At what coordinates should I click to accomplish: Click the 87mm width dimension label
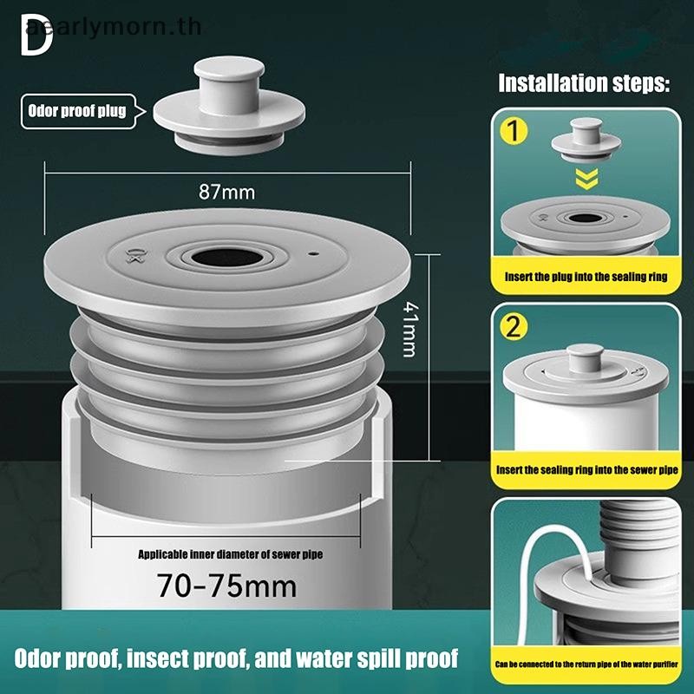point(226,192)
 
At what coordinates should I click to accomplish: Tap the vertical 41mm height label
point(409,330)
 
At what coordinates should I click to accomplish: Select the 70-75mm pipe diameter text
point(227,586)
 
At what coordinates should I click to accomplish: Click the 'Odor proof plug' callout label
point(77,111)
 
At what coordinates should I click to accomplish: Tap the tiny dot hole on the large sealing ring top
point(314,254)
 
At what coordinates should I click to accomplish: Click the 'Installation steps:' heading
point(584,83)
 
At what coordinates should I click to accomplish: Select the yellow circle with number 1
point(514,131)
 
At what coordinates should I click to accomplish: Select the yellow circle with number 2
point(514,328)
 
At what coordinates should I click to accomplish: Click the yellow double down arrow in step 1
point(586,178)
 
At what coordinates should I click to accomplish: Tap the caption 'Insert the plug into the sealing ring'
point(586,277)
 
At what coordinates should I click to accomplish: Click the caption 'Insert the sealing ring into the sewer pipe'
point(586,469)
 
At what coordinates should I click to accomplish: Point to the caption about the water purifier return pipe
point(586,664)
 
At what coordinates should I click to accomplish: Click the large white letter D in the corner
point(36,35)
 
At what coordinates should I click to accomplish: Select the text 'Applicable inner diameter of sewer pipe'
point(230,554)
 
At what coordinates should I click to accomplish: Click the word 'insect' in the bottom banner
point(157,658)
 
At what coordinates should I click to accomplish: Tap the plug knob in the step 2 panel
point(585,357)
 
